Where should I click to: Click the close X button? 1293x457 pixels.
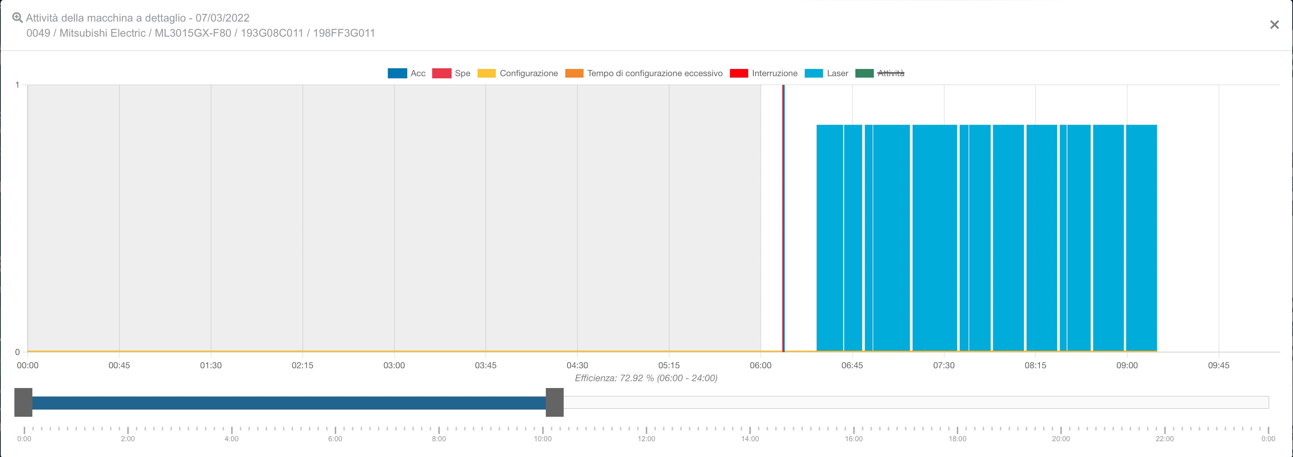[1274, 24]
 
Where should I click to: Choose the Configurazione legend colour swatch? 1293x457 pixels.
[486, 73]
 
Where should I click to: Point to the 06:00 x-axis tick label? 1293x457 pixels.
[760, 365]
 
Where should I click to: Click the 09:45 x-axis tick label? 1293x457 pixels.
[1218, 365]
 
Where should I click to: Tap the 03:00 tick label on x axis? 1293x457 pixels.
[394, 365]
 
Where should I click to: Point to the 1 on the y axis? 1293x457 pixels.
[18, 85]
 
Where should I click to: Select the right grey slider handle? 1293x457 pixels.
[555, 402]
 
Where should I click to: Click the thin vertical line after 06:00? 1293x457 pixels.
[783, 218]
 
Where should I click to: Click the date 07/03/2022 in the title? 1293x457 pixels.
[222, 18]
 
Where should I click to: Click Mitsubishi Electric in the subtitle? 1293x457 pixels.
[102, 33]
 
